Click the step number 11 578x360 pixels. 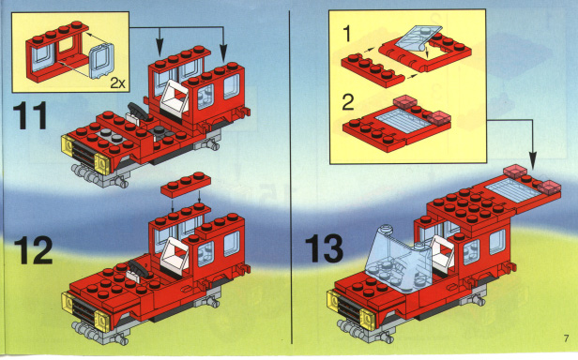(x=30, y=115)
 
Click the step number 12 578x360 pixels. (x=33, y=250)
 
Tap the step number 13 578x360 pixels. (x=325, y=249)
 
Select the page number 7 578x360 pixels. (x=566, y=338)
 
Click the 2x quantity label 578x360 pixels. (x=118, y=83)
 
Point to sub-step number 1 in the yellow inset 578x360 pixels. (x=347, y=34)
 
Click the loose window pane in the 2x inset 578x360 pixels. (x=101, y=61)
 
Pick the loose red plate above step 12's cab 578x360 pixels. (x=186, y=186)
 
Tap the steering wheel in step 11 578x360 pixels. (x=138, y=111)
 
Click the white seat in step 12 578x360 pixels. (x=175, y=253)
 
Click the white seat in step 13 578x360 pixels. (x=442, y=253)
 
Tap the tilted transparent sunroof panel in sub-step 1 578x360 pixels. (x=418, y=37)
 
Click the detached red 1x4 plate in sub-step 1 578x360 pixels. (x=373, y=70)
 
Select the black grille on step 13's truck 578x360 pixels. (x=349, y=307)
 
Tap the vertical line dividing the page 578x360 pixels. (x=291, y=177)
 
